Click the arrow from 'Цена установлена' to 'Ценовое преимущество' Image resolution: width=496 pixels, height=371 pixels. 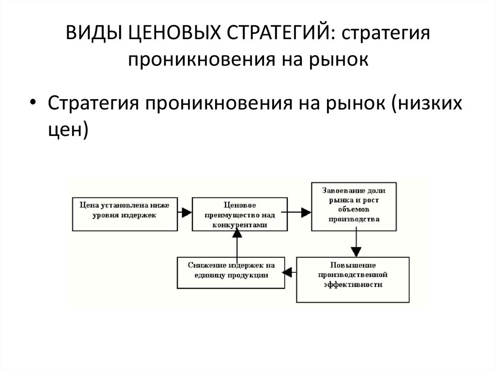(x=184, y=212)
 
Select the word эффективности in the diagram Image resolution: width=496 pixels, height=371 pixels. (x=353, y=285)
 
